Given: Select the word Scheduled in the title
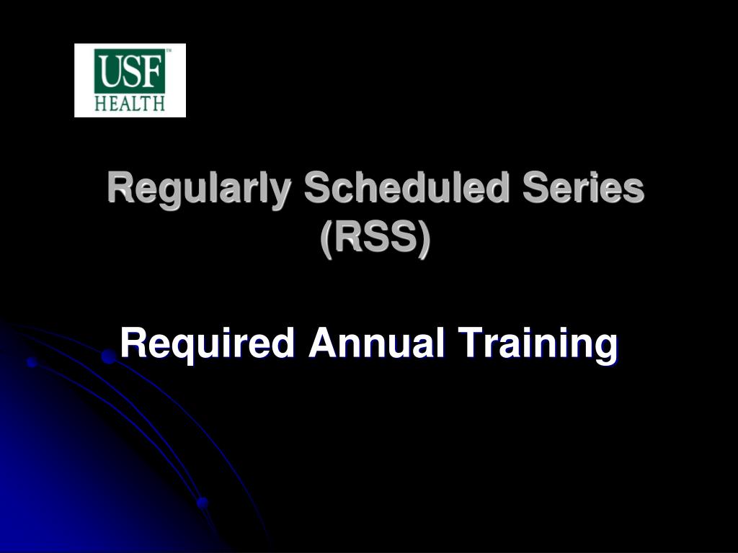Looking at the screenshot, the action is pos(406,186).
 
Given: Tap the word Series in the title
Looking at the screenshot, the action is pos(582,186).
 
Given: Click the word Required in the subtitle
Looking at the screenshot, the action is pos(208,345).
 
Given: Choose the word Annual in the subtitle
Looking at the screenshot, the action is pos(376,342).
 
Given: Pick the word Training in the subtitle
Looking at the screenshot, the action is pos(538,345).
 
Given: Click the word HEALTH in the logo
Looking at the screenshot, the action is pos(130,103).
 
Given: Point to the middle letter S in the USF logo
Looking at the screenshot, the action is pos(132,71).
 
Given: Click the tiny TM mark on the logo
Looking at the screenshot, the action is pos(169,50).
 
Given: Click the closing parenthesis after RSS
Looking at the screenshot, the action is pos(424,239).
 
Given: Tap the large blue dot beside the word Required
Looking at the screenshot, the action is pos(109,356).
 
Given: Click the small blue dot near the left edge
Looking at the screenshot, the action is pos(32,362).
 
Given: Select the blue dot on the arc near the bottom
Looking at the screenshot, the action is pos(203,503).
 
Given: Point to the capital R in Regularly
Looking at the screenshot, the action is pos(120,186).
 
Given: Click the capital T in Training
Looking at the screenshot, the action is pos(471,342).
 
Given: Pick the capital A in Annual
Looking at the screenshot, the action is pos(324,342).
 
